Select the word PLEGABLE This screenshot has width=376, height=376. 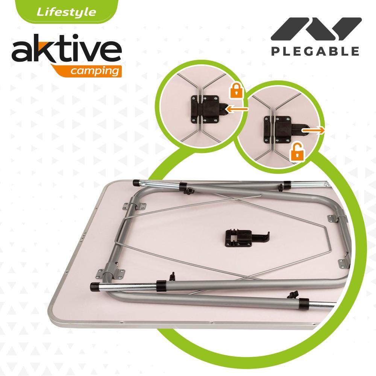click(x=315, y=51)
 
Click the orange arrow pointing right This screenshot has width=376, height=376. click(x=314, y=130)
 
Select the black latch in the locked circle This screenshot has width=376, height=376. click(x=205, y=108)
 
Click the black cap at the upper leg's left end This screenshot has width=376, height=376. click(x=136, y=183)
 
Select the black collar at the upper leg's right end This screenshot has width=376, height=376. click(x=288, y=185)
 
